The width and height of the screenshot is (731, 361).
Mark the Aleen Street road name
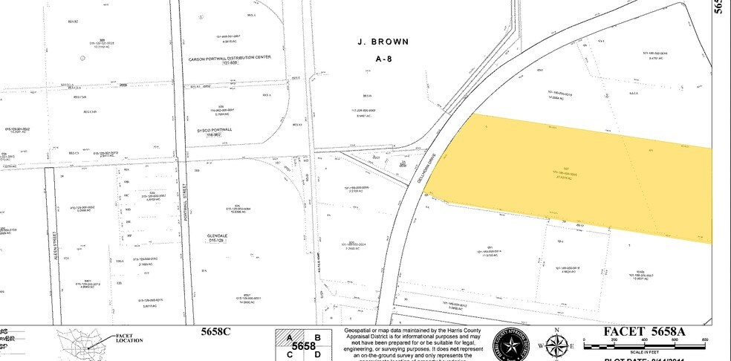53,245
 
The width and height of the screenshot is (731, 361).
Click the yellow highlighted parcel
565,175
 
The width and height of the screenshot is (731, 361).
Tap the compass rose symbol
556,345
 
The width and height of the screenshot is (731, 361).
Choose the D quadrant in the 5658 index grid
318,354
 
